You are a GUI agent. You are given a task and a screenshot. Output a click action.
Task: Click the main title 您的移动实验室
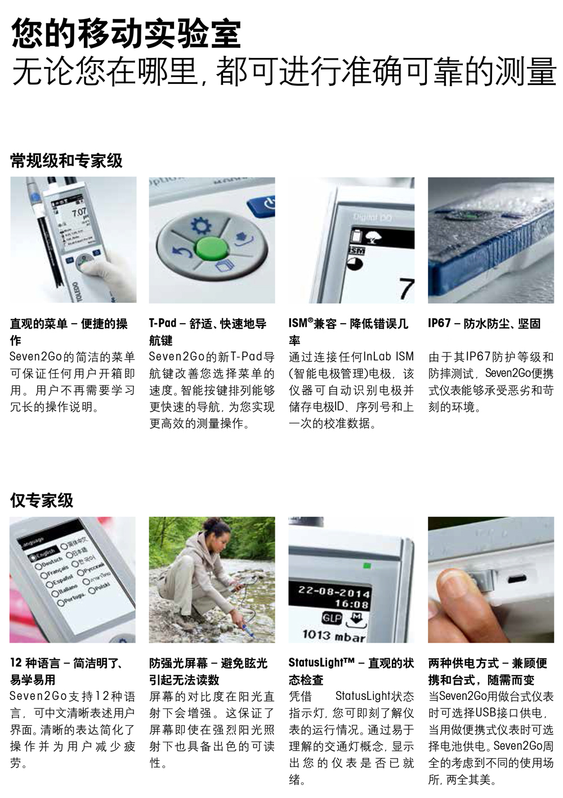pos(126,34)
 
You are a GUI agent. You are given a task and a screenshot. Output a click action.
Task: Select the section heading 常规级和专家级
pos(66,161)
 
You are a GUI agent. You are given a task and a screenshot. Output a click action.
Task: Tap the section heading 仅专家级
pos(42,500)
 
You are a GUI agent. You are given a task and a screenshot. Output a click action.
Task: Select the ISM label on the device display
pos(357,251)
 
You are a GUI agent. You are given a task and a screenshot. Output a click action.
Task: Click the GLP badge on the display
pos(332,618)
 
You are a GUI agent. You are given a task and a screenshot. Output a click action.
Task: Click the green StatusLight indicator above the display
pos(367,565)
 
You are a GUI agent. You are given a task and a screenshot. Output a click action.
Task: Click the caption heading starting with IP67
pos(484,323)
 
